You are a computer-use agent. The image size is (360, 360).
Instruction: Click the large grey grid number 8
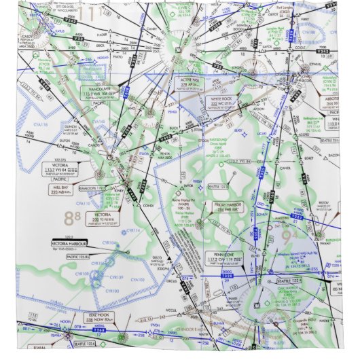click(x=69, y=218)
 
